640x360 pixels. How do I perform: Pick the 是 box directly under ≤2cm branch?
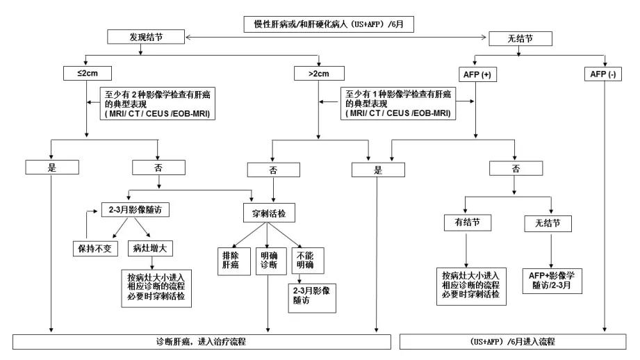tap(52, 167)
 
